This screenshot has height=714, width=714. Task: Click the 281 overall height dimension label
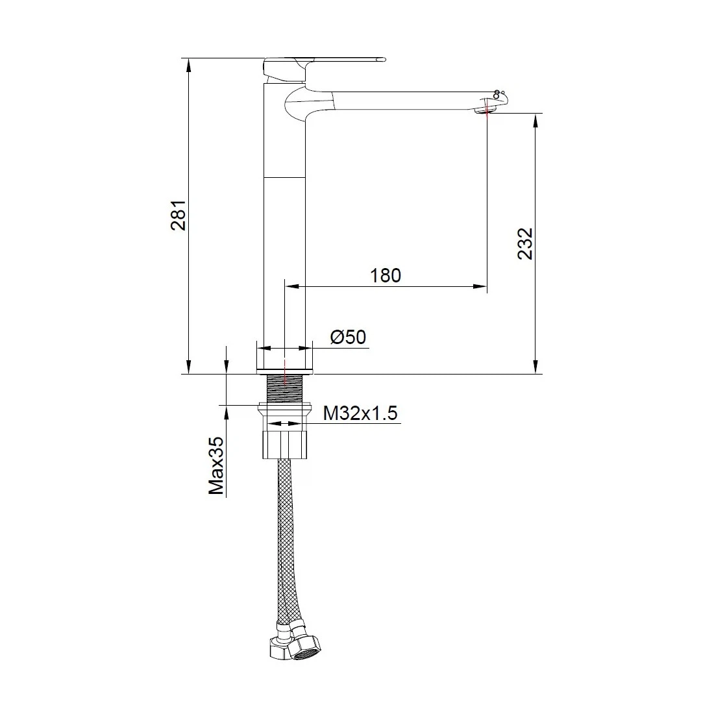coord(178,215)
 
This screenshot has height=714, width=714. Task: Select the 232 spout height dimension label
coord(525,243)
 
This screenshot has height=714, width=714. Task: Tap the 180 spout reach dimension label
coord(385,275)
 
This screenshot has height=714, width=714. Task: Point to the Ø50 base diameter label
coord(349,337)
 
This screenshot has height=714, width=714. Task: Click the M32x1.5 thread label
coord(360,413)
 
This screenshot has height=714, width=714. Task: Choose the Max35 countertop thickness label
coord(216,465)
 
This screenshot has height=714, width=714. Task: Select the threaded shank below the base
coord(284,388)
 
